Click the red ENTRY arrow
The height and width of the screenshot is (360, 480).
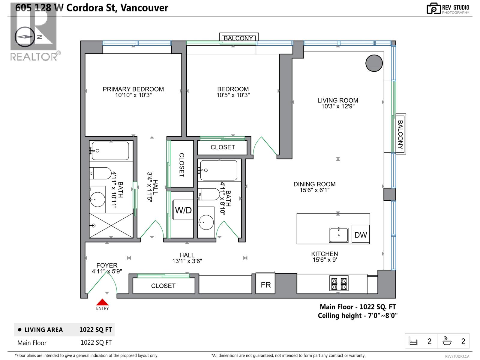[x=102, y=302]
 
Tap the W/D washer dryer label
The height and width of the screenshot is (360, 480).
[x=183, y=210]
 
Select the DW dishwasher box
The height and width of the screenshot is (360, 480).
[x=361, y=235]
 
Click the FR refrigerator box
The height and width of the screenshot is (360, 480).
[x=266, y=285]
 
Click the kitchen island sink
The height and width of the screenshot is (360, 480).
[x=339, y=235]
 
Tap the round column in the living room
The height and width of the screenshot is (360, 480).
[x=374, y=63]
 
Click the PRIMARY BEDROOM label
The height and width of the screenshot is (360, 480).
[x=133, y=89]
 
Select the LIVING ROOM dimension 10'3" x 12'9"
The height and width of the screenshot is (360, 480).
[x=338, y=106]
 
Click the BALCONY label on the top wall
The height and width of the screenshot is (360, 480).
[x=238, y=38]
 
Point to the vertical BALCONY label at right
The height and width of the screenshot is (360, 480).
[x=400, y=134]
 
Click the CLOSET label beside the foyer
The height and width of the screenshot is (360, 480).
[x=163, y=286]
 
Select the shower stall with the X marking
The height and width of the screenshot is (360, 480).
[x=111, y=225]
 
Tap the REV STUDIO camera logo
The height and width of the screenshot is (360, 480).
[x=433, y=8]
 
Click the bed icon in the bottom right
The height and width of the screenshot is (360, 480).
[x=413, y=341]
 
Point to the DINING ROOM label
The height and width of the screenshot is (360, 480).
[x=314, y=184]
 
